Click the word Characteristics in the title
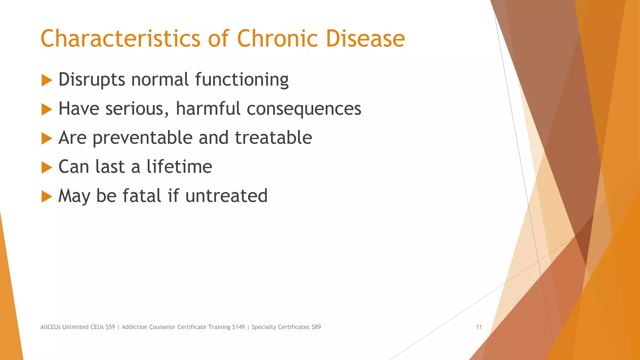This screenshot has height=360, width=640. pos(120,38)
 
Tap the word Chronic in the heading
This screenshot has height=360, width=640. pos(277,38)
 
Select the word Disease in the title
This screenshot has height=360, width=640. pos(365,38)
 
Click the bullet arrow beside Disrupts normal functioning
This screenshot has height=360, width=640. pos(47,80)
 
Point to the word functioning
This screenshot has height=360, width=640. pos(242,80)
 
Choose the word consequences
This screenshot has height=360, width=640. pos(304,109)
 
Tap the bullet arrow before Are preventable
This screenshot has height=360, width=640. pos(47,138)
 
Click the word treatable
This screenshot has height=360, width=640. pos(273,137)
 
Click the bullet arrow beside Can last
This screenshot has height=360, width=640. pos(47,167)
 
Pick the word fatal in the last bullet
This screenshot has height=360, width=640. pos(142,196)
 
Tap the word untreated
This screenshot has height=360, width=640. pos(226,196)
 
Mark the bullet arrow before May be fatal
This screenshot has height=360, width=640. pos(47,197)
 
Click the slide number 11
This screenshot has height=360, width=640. pos(478,327)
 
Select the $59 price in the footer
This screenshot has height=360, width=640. pos(110,327)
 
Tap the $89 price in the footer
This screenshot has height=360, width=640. pos(316,327)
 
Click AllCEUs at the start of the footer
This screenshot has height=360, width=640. pos(50,327)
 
